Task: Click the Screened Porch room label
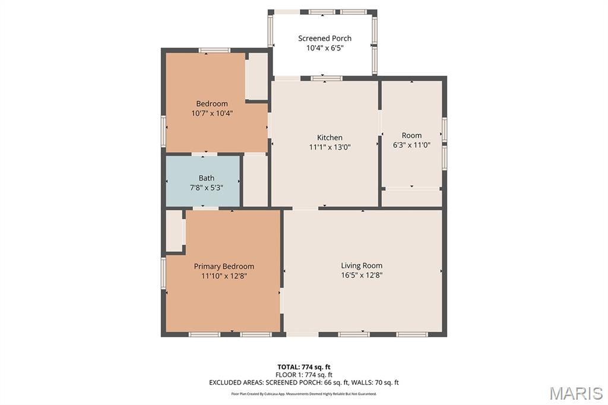(x=325, y=39)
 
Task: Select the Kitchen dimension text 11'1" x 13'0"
(x=330, y=147)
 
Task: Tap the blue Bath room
(x=203, y=181)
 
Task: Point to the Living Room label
(x=362, y=265)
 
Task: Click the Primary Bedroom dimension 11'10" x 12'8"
(x=224, y=276)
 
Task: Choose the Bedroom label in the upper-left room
(x=212, y=103)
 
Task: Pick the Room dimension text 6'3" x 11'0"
(x=411, y=145)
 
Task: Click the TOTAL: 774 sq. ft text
(x=304, y=367)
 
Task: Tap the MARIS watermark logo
(x=576, y=393)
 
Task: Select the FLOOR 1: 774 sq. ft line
(x=304, y=375)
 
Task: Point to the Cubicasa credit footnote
(x=304, y=394)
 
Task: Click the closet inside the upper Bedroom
(x=256, y=77)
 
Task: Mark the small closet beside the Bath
(x=255, y=181)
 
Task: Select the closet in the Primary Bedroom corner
(x=175, y=231)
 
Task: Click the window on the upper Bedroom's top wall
(x=214, y=50)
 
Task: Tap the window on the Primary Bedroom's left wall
(x=164, y=274)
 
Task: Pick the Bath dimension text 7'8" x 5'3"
(x=206, y=188)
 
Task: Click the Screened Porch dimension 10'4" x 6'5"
(x=325, y=48)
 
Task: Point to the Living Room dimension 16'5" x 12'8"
(x=362, y=276)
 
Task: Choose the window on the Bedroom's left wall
(x=164, y=131)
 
